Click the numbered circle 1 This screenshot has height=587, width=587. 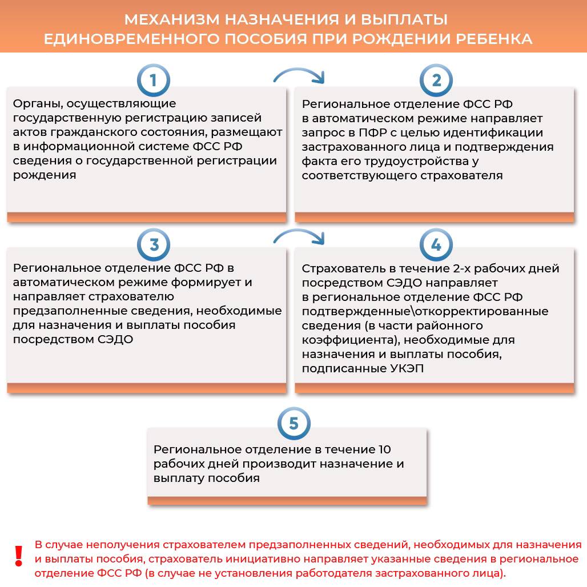click(153, 81)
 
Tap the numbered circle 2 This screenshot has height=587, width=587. click(436, 81)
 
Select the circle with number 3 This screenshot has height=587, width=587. click(153, 246)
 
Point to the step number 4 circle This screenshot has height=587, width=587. click(436, 246)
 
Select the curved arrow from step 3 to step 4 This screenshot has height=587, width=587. click(298, 237)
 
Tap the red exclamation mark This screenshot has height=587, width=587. click(18, 556)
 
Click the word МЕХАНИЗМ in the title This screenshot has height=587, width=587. click(172, 20)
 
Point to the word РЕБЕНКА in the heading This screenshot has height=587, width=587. click(494, 39)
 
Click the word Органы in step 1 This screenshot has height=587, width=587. click(38, 104)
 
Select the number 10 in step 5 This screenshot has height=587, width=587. click(384, 449)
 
